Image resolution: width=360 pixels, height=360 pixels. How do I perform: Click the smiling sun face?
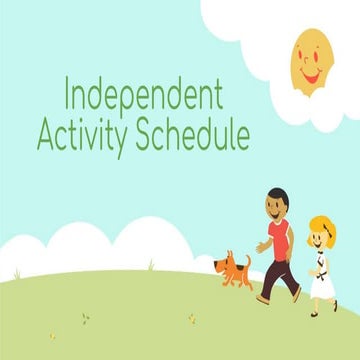click(x=311, y=59)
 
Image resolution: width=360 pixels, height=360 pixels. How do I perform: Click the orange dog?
click(x=234, y=270)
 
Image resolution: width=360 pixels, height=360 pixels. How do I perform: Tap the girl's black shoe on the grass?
click(x=314, y=312)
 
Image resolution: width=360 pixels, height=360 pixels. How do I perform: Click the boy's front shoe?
click(x=262, y=298)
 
